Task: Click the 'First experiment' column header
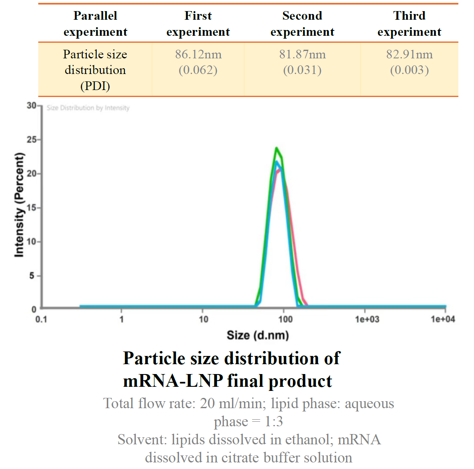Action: tap(198, 24)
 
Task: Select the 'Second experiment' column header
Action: tap(302, 24)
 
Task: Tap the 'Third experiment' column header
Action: tap(409, 24)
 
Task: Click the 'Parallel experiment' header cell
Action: tap(95, 24)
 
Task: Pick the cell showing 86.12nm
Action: tap(198, 62)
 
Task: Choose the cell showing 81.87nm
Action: tap(302, 62)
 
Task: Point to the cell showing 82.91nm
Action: tap(409, 62)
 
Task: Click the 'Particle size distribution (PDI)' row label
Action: tap(95, 70)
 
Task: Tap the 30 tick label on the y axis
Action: tap(31, 106)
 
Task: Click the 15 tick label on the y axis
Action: tap(31, 208)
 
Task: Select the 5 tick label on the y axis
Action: tap(32, 275)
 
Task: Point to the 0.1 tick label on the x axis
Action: tap(41, 319)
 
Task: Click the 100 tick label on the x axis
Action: tap(285, 319)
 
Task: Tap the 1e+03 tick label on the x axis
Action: tap(367, 319)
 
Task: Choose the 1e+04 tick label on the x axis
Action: tap(443, 319)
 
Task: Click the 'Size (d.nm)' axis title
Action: tap(258, 335)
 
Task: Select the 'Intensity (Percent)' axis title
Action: tap(19, 206)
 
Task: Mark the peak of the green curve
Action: tap(276, 148)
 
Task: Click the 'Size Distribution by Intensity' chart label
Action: tap(88, 108)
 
